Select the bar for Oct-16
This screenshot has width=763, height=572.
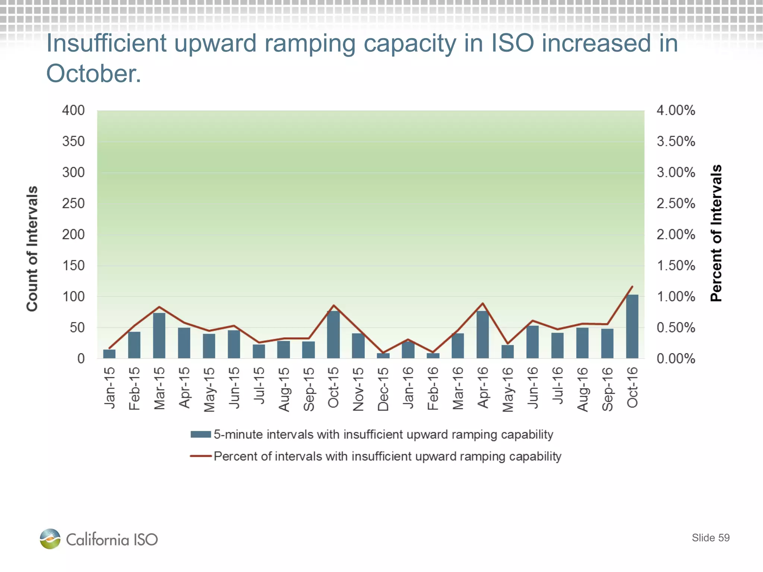[632, 327]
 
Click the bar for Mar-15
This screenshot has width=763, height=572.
[159, 336]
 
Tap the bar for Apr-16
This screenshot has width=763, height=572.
[482, 335]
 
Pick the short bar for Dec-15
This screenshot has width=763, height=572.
[383, 356]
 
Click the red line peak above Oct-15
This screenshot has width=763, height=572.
[334, 305]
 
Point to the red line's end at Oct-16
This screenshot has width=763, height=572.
[632, 286]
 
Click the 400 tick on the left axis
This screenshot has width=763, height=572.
[73, 110]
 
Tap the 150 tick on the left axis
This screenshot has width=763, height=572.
[73, 266]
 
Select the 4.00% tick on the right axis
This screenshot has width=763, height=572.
[675, 110]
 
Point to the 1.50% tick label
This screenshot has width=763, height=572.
[675, 266]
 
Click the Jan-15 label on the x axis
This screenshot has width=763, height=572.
[110, 388]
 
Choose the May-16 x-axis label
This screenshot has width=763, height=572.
[508, 390]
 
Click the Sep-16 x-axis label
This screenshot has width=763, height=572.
[607, 389]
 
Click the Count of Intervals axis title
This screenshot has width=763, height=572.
[32, 248]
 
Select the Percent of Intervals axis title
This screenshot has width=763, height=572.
[716, 233]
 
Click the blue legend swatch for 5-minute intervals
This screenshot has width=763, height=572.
[201, 434]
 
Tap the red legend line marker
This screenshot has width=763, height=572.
[201, 456]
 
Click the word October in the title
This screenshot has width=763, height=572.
[93, 73]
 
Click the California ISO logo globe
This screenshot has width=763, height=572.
[50, 539]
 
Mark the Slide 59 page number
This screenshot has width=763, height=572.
[710, 538]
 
